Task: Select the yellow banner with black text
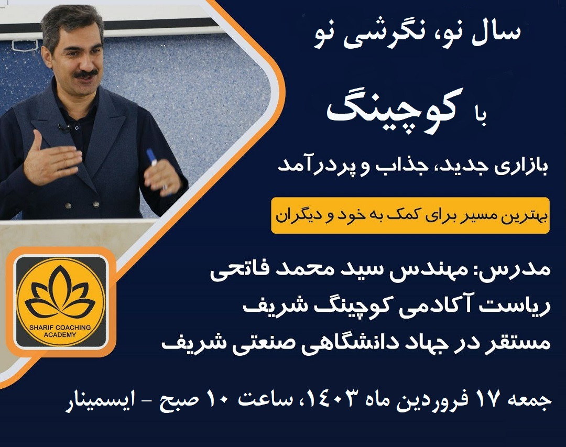point(410,215)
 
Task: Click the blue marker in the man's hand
point(153,157)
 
